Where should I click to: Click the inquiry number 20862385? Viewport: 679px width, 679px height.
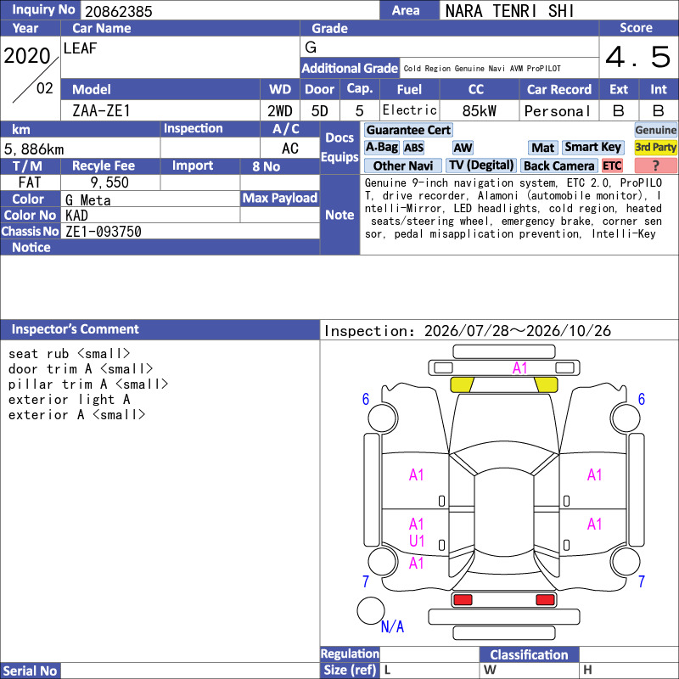click(x=118, y=11)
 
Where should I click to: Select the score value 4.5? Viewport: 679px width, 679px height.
click(x=637, y=57)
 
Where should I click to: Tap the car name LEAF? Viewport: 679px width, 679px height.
click(x=80, y=48)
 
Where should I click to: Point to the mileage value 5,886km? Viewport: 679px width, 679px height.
click(x=34, y=149)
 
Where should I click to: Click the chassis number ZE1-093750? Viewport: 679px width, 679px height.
click(x=103, y=232)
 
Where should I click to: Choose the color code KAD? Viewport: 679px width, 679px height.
click(x=76, y=216)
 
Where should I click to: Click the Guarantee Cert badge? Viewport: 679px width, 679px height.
click(x=408, y=130)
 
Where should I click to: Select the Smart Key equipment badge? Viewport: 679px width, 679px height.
click(x=592, y=147)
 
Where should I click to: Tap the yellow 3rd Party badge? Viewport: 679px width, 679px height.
click(x=655, y=147)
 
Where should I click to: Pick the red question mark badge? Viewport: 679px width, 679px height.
click(x=655, y=166)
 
